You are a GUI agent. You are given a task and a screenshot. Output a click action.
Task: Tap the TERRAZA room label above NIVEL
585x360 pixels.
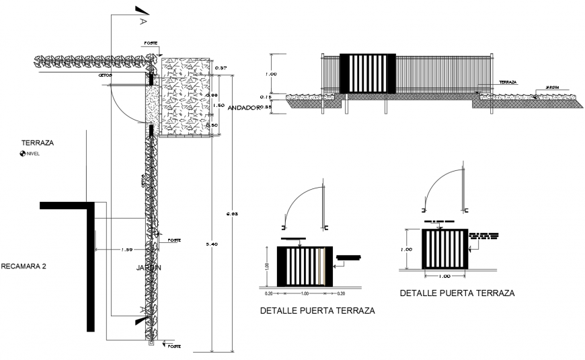point(36,143)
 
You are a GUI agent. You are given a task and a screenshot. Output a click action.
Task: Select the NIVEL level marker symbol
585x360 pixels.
point(24,153)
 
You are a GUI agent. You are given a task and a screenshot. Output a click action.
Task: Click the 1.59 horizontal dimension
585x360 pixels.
point(126,250)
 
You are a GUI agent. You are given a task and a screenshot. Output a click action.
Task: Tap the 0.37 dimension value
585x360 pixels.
point(221,68)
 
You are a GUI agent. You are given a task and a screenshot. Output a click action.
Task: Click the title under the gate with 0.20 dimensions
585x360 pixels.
point(316,311)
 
